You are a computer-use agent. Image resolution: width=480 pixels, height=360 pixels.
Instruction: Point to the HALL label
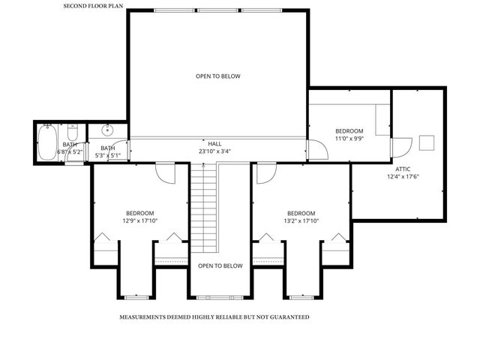point(214,142)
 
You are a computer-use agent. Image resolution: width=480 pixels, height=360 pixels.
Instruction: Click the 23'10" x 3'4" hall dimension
point(214,151)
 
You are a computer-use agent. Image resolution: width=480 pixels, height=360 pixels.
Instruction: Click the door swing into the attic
point(403,145)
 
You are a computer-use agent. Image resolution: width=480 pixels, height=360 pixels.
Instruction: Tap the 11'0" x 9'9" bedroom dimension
point(349,139)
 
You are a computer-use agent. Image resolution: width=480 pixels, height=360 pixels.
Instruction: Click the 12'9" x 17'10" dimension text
point(140,221)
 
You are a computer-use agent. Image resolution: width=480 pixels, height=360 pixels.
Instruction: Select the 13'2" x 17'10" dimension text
point(301,221)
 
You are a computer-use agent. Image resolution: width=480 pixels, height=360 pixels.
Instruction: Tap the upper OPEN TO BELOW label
point(218,76)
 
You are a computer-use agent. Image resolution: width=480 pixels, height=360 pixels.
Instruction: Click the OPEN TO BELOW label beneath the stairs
point(220,266)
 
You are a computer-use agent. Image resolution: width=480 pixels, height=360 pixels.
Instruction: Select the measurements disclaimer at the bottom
point(214,317)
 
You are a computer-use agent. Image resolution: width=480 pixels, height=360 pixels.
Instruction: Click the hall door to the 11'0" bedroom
point(319,150)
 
